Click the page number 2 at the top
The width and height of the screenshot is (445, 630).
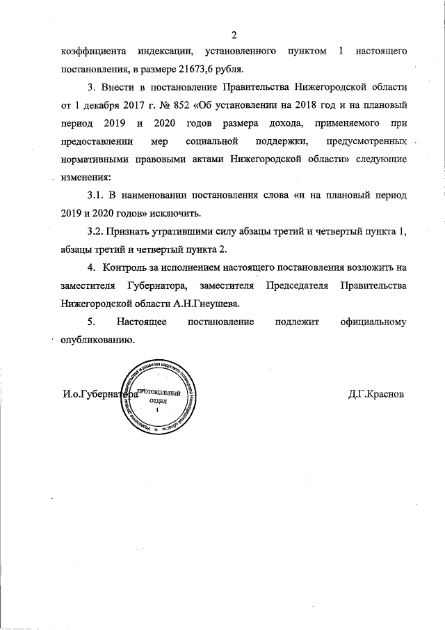[234, 35]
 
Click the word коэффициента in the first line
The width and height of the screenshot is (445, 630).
[90, 52]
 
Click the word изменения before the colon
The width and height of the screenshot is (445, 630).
[85, 178]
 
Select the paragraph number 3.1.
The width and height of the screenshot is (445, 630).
[97, 196]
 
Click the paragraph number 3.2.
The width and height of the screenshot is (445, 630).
[97, 231]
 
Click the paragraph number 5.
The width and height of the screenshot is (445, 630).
[90, 322]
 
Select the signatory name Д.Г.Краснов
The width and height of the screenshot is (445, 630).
[375, 393]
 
